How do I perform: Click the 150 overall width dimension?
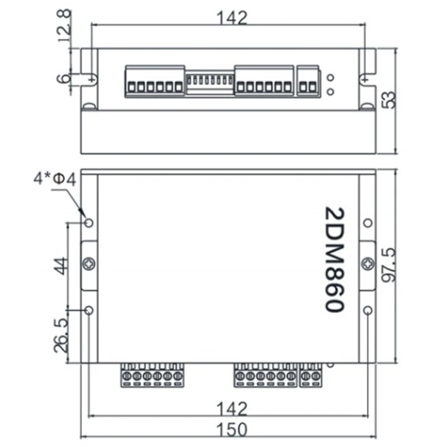pos(231,429)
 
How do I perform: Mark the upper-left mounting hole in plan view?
pos(89,223)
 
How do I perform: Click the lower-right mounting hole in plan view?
pos(367,310)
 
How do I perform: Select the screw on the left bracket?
pos(89,264)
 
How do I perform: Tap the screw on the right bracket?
pos(368,264)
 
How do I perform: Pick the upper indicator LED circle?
pos(331,78)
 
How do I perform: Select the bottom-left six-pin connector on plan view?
pos(153,374)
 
